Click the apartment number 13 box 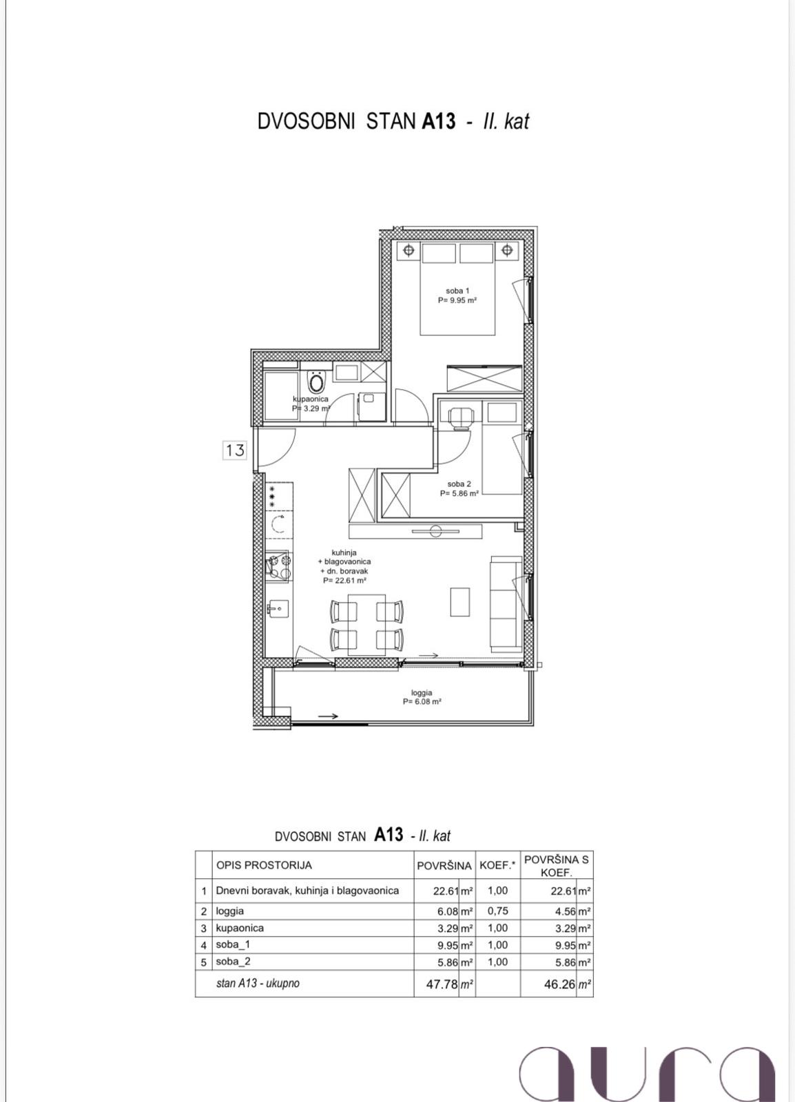pyautogui.click(x=235, y=450)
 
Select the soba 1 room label pyautogui.click(x=457, y=295)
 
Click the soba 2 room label pyautogui.click(x=459, y=488)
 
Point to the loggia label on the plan pyautogui.click(x=422, y=697)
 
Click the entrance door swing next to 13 pyautogui.click(x=276, y=447)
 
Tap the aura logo pyautogui.click(x=648, y=1063)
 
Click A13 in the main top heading pyautogui.click(x=439, y=121)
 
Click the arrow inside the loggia pyautogui.click(x=328, y=716)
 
